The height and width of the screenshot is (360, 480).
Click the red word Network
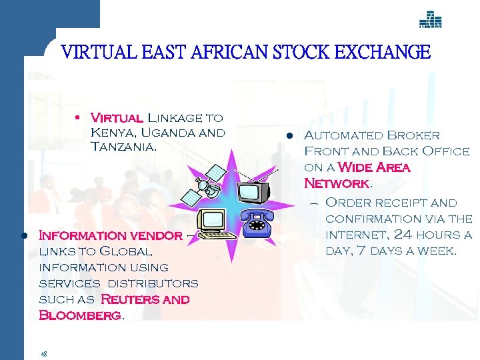335,183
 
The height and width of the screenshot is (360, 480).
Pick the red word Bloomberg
80,315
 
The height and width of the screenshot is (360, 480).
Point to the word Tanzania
123,147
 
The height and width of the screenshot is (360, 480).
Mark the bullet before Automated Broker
290,136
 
